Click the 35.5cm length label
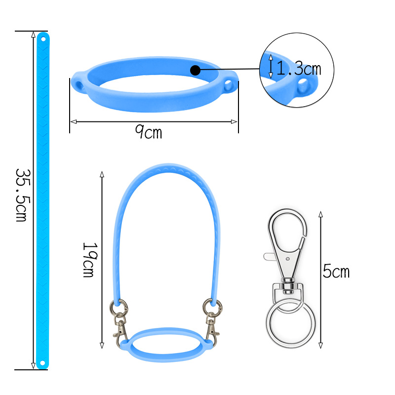point(21,195)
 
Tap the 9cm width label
point(149,132)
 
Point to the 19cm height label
point(88,259)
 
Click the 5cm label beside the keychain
point(336,271)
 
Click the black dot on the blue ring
point(195,70)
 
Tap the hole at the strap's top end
point(42,38)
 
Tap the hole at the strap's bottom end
point(42,363)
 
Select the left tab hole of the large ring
point(79,85)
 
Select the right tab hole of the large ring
point(229,86)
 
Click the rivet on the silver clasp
point(288,258)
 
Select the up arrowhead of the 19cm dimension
point(102,174)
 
